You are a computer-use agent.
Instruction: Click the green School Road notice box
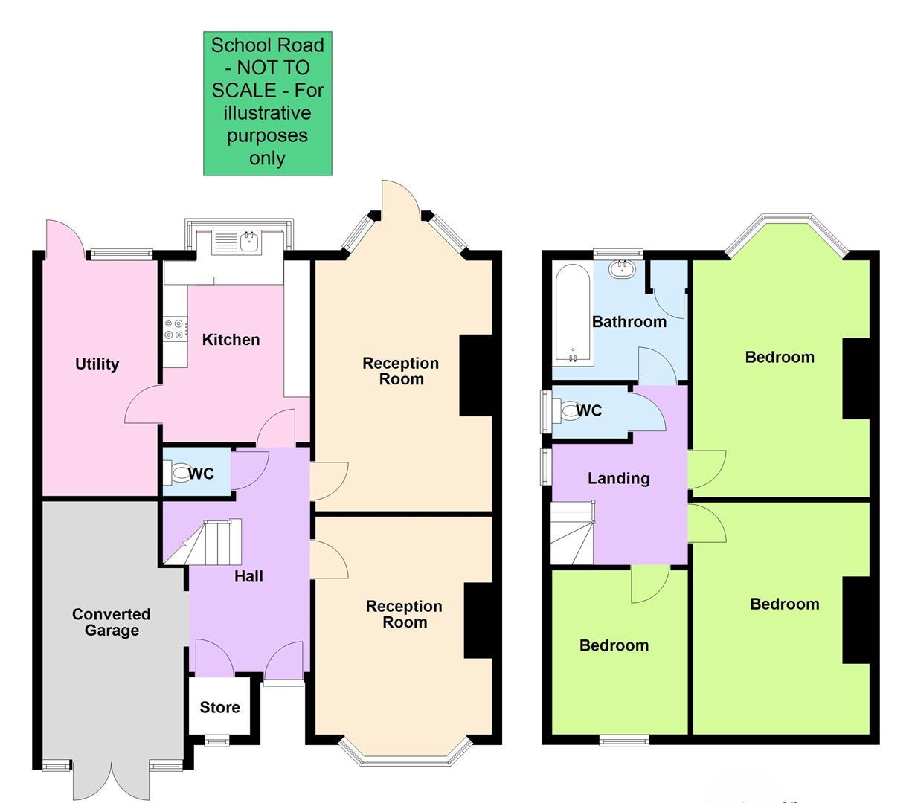click(x=267, y=103)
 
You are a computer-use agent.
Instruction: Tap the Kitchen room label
click(x=231, y=340)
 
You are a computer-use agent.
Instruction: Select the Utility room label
click(x=97, y=364)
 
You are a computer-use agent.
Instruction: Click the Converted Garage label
click(x=111, y=622)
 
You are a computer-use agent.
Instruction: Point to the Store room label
click(x=219, y=707)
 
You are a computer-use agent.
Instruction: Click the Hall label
click(x=248, y=576)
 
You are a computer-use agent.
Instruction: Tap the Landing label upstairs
click(x=618, y=478)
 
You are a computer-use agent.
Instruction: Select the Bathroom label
click(x=629, y=322)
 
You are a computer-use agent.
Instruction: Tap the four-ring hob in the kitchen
click(x=174, y=329)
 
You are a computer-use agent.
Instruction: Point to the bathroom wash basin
click(x=620, y=269)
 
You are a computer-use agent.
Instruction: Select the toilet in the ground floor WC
click(x=179, y=472)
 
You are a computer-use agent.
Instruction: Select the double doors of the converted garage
click(x=111, y=781)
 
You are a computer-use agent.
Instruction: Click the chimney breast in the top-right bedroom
click(x=855, y=378)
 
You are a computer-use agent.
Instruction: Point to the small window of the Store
click(x=218, y=740)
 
